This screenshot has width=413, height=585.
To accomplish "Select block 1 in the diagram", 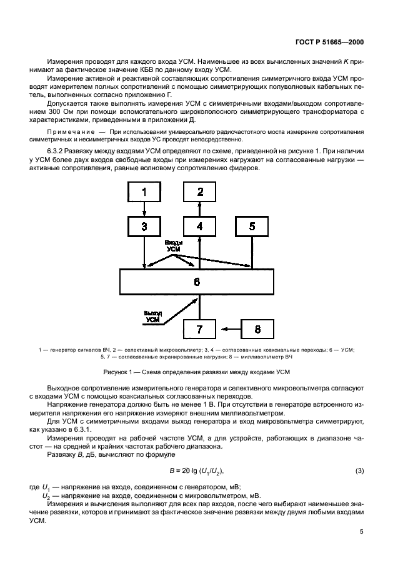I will tap(144, 192).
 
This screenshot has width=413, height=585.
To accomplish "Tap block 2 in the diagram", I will tap(199, 192).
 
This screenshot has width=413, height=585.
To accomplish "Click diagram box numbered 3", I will tap(144, 226).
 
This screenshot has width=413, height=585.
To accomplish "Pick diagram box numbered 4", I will tap(199, 226).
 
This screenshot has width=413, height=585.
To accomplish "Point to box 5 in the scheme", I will tap(252, 226).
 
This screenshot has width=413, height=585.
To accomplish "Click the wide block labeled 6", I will tap(197, 282).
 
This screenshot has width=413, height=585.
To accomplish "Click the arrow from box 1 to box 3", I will tap(144, 209).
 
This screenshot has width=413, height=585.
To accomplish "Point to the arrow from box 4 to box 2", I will tap(199, 209).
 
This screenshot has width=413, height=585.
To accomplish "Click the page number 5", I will tap(361, 532).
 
